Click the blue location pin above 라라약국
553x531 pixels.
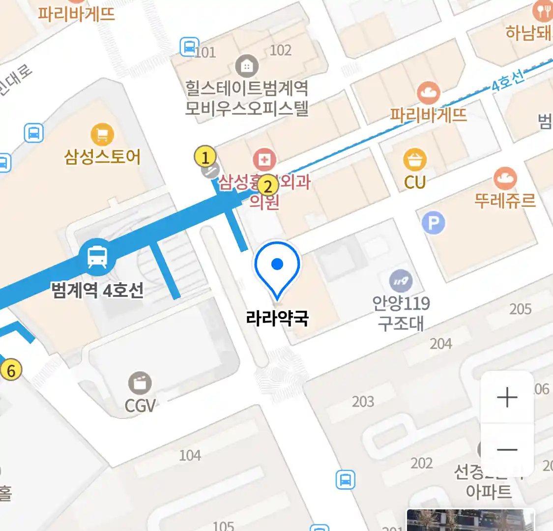(x=277, y=265)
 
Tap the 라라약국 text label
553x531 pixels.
(x=278, y=318)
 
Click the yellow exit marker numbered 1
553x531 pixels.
(x=205, y=157)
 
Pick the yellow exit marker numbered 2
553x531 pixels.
(x=267, y=186)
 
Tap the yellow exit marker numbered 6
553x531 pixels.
(x=11, y=370)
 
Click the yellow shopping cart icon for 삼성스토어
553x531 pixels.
(x=102, y=134)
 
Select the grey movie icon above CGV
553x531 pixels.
(x=140, y=383)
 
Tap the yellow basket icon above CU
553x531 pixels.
(x=415, y=160)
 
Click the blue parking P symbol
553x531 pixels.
(x=433, y=223)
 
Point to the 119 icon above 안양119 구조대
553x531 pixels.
(x=401, y=281)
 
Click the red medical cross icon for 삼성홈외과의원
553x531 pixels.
(x=264, y=160)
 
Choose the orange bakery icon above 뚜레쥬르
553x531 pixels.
(x=505, y=178)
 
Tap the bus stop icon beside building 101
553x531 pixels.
(x=189, y=47)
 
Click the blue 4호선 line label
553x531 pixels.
(x=508, y=81)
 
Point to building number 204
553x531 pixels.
(x=440, y=344)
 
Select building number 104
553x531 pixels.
(x=190, y=455)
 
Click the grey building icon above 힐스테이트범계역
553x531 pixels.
(x=247, y=66)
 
